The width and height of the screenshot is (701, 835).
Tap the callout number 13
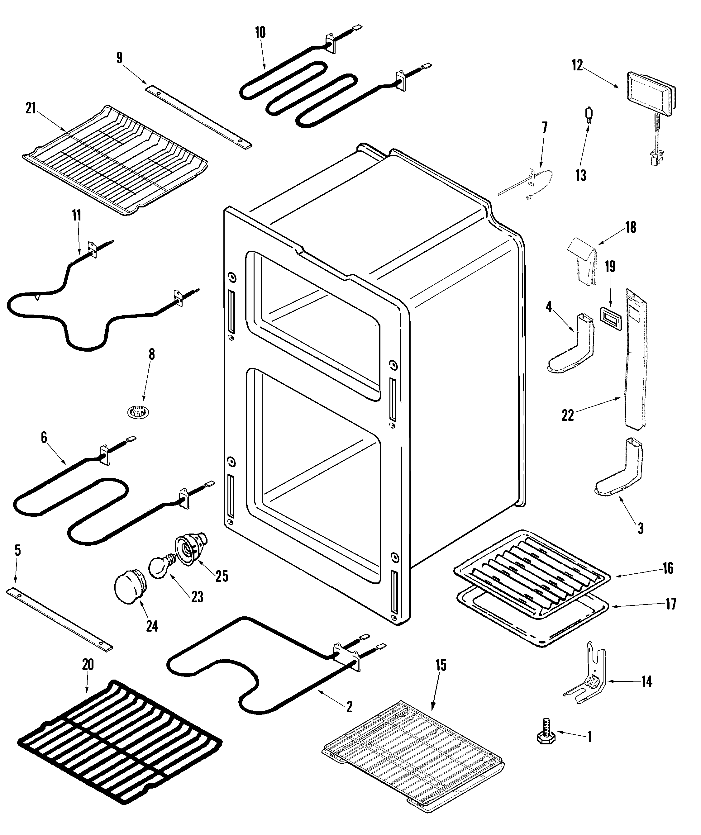pos(580,175)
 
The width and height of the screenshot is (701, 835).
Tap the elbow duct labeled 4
pos(572,346)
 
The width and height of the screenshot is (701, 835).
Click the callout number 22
pos(568,415)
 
